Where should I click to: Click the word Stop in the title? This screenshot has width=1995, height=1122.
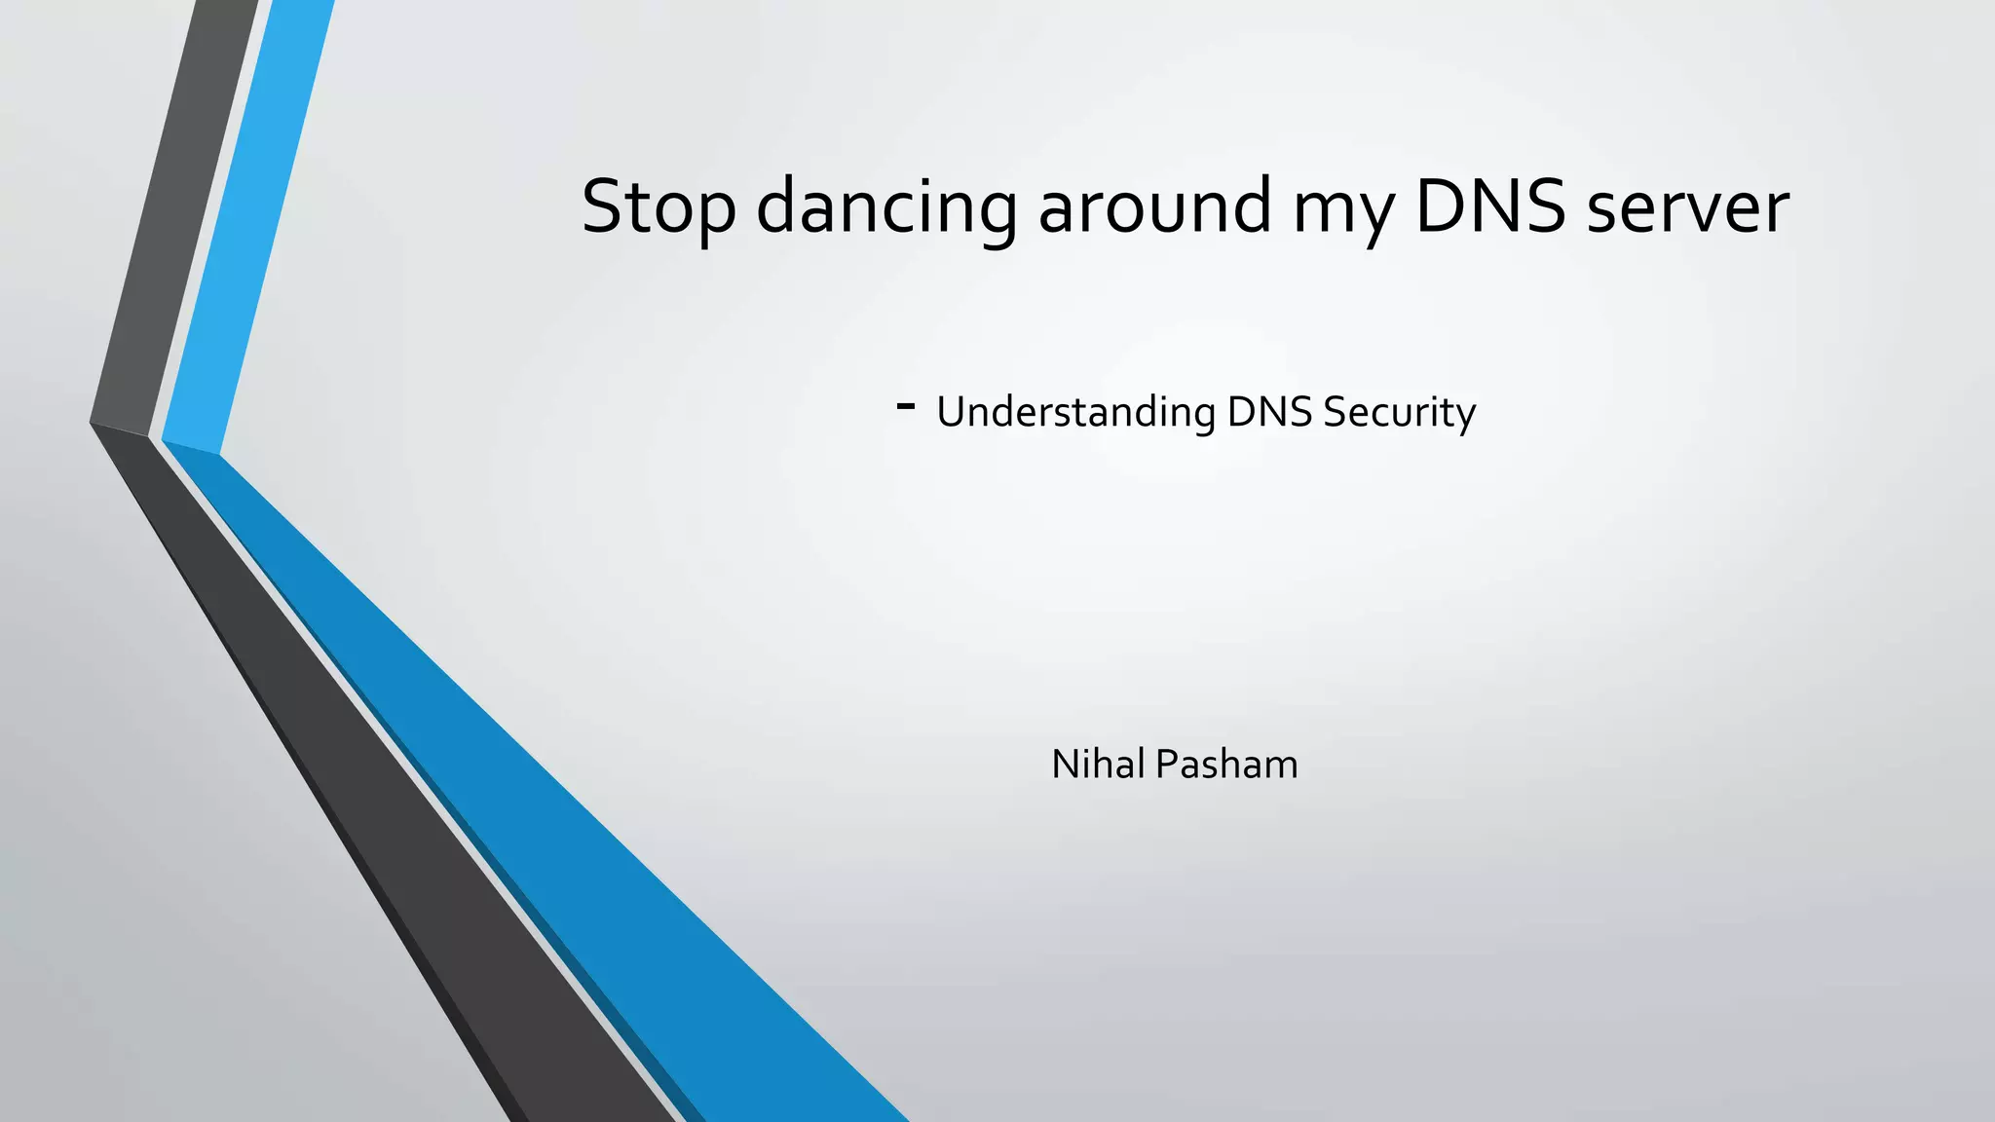tap(658, 206)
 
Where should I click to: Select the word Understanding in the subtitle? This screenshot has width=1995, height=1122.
tap(1075, 412)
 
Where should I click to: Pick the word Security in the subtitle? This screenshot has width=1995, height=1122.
tap(1399, 412)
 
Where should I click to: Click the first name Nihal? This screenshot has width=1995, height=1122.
tap(1098, 764)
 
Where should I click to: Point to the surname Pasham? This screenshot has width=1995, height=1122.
tap(1226, 764)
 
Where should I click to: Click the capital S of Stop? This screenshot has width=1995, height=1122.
tap(603, 206)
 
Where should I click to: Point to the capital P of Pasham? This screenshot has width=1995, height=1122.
tap(1166, 764)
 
